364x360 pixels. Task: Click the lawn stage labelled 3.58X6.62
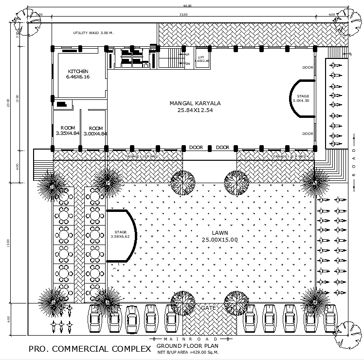click(x=120, y=234)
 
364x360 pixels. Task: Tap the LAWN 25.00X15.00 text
click(x=220, y=236)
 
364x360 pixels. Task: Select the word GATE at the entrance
click(x=208, y=308)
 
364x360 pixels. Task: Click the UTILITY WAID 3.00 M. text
click(x=93, y=33)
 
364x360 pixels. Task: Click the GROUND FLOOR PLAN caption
click(x=187, y=346)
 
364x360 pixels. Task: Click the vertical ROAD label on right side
click(x=354, y=163)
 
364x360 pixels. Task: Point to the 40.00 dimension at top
click(x=187, y=6)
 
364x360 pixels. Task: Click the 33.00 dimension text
click(x=183, y=15)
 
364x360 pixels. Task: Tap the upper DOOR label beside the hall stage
click(x=308, y=67)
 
